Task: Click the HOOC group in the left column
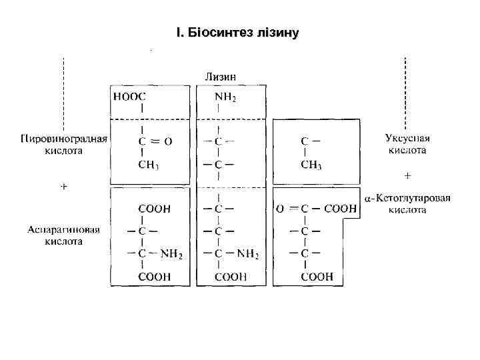click(131, 96)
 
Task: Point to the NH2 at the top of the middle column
click(225, 97)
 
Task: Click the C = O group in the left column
click(154, 141)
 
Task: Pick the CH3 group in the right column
click(311, 165)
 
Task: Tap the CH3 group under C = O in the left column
click(149, 165)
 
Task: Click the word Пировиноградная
click(64, 139)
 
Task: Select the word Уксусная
click(407, 139)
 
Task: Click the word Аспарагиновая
click(64, 230)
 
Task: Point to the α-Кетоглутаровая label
click(407, 198)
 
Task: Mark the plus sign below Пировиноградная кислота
click(64, 187)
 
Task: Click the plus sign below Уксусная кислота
click(407, 176)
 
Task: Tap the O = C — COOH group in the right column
click(316, 209)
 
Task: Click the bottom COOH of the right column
click(317, 277)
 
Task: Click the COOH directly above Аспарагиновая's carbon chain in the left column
click(154, 209)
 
